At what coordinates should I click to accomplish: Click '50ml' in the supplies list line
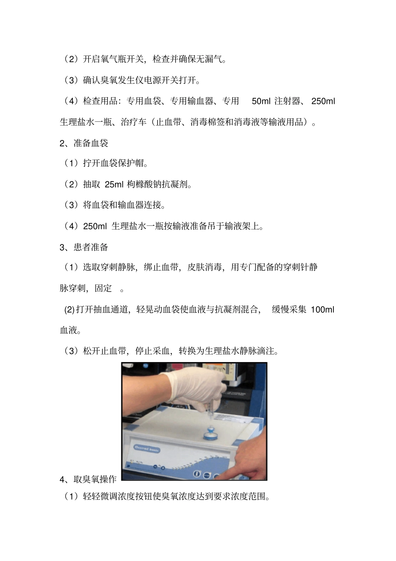[x=261, y=101]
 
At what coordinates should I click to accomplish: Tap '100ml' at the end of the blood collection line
[x=322, y=310]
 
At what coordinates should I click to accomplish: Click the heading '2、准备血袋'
[x=84, y=143]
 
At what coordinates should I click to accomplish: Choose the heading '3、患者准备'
[x=84, y=247]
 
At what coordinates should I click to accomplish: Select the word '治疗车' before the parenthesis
[x=134, y=122]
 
